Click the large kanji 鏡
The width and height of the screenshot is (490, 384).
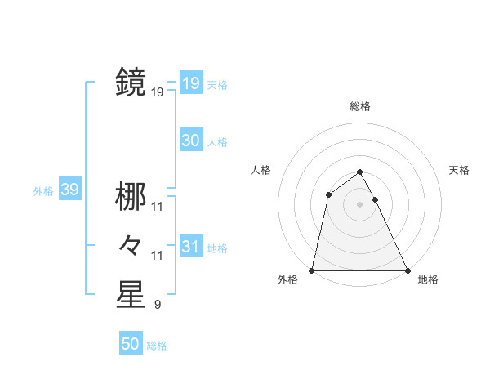click(131, 83)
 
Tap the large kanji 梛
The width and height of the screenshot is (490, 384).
click(131, 196)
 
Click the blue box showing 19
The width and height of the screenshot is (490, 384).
click(190, 83)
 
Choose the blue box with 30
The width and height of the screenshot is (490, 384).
click(190, 140)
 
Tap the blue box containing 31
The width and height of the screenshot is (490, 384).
click(190, 246)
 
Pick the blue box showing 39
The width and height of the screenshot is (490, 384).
click(69, 190)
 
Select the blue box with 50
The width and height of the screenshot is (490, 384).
click(131, 344)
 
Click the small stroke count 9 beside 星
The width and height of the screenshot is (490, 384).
click(157, 306)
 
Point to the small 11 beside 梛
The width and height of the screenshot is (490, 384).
click(158, 207)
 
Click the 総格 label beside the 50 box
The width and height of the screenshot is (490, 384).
click(157, 346)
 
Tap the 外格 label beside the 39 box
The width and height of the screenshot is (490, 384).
click(43, 191)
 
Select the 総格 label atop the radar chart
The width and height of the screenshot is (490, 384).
click(360, 106)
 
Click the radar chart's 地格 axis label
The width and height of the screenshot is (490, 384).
click(428, 279)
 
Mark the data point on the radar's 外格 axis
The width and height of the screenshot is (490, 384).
click(312, 270)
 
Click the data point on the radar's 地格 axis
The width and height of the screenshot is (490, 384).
click(408, 270)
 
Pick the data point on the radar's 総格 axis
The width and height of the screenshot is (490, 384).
click(360, 172)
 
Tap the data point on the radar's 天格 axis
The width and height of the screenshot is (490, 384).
click(376, 199)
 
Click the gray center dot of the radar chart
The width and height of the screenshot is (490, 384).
click(360, 204)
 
